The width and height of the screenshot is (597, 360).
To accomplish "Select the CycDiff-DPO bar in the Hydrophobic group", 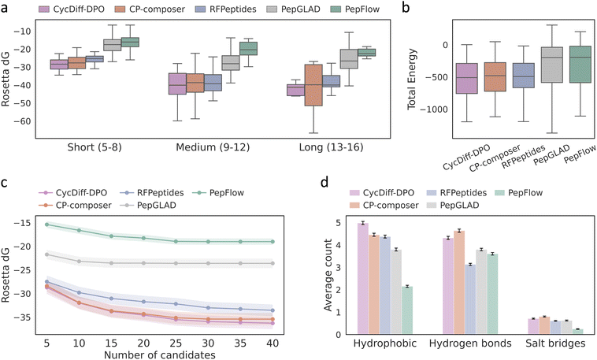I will point(363,279).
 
